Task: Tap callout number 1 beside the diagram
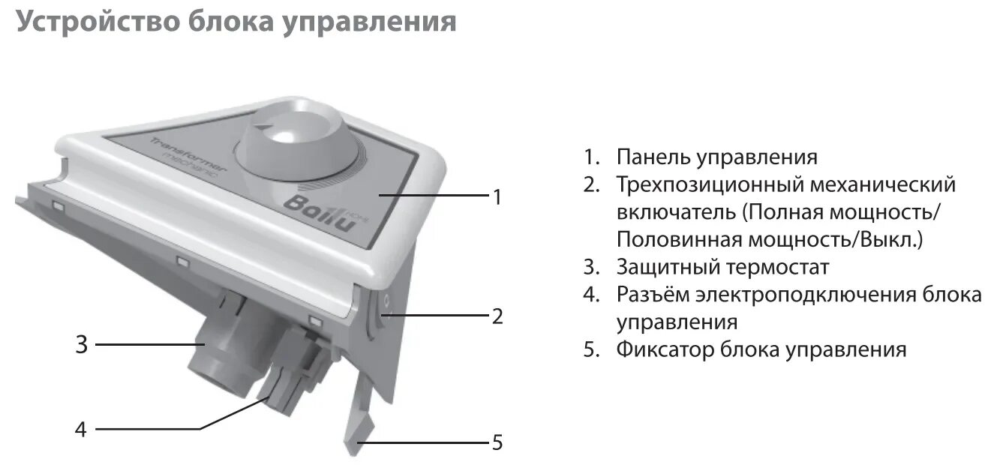point(496,197)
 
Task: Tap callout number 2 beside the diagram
point(496,316)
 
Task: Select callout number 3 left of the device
point(82,345)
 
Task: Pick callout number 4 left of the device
point(81,429)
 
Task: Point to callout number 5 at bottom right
point(496,442)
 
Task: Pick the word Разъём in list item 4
point(653,295)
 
